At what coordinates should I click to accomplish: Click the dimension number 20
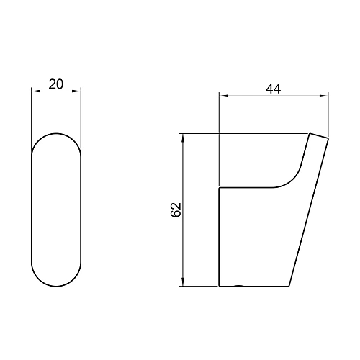click(x=56, y=84)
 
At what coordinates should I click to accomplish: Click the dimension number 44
click(x=273, y=89)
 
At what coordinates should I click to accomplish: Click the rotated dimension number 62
click(x=176, y=210)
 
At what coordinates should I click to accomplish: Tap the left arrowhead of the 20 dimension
click(x=35, y=91)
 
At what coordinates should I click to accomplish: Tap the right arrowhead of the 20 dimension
click(x=77, y=91)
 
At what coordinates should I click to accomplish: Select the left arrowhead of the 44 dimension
click(x=223, y=96)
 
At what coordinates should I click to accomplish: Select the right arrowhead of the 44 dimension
click(x=324, y=96)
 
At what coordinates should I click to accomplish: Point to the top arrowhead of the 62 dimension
click(x=183, y=138)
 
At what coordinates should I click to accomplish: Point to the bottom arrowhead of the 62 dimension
click(x=183, y=282)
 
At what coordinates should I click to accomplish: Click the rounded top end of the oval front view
click(x=56, y=133)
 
